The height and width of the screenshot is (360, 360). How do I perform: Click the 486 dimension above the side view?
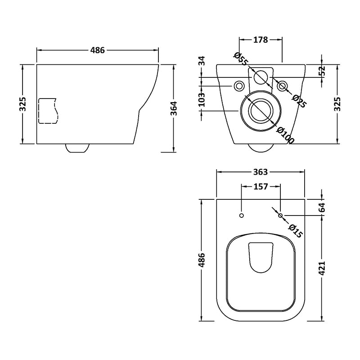click(97, 50)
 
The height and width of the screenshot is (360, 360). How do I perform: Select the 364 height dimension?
click(175, 108)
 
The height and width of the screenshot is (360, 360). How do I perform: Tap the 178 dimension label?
click(261, 40)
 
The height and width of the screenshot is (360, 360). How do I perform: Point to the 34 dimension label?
click(201, 61)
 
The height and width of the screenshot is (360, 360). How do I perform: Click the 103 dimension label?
click(201, 99)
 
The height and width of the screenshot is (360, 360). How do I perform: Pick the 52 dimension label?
click(322, 71)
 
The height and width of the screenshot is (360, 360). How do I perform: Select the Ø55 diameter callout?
click(241, 59)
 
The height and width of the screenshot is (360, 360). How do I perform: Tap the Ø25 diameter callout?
click(299, 101)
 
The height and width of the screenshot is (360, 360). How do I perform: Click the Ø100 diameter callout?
click(285, 135)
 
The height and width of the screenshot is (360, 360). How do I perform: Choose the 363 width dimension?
click(261, 172)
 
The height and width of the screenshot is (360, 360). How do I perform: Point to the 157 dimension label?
click(261, 186)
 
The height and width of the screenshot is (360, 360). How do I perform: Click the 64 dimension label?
click(322, 207)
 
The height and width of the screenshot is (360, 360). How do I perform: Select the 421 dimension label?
click(322, 268)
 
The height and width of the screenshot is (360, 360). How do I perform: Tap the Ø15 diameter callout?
click(295, 231)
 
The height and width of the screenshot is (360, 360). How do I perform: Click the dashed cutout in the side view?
click(49, 111)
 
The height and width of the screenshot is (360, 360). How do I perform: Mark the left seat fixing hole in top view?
click(241, 216)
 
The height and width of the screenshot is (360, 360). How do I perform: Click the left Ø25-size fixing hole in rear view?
click(239, 86)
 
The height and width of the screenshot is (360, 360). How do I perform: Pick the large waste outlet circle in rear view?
click(261, 111)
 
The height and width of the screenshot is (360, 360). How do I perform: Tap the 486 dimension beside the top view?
click(201, 260)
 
